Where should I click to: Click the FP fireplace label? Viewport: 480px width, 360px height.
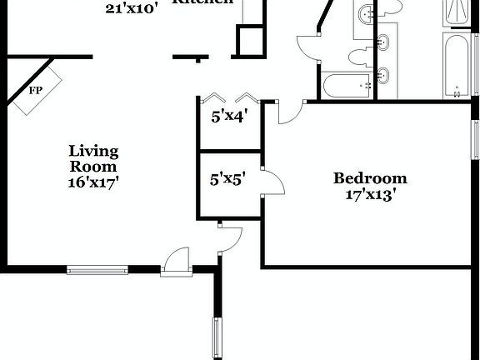click(36, 90)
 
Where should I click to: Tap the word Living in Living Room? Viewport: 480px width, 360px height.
click(93, 152)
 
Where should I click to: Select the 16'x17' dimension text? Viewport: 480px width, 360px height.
click(93, 182)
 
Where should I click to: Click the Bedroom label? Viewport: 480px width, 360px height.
click(370, 177)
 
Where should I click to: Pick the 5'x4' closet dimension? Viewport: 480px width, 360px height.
click(228, 117)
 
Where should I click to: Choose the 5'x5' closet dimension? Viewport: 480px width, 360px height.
click(227, 177)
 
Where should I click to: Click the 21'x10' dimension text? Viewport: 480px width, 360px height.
click(131, 9)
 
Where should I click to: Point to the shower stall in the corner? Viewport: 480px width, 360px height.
click(457, 12)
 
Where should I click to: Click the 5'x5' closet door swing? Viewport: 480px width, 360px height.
click(271, 182)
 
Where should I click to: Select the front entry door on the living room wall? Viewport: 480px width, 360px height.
click(177, 260)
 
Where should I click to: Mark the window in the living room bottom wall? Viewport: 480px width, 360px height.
click(97, 269)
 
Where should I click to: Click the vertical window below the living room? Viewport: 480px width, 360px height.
click(217, 337)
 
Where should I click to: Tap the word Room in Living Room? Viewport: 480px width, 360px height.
click(93, 167)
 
